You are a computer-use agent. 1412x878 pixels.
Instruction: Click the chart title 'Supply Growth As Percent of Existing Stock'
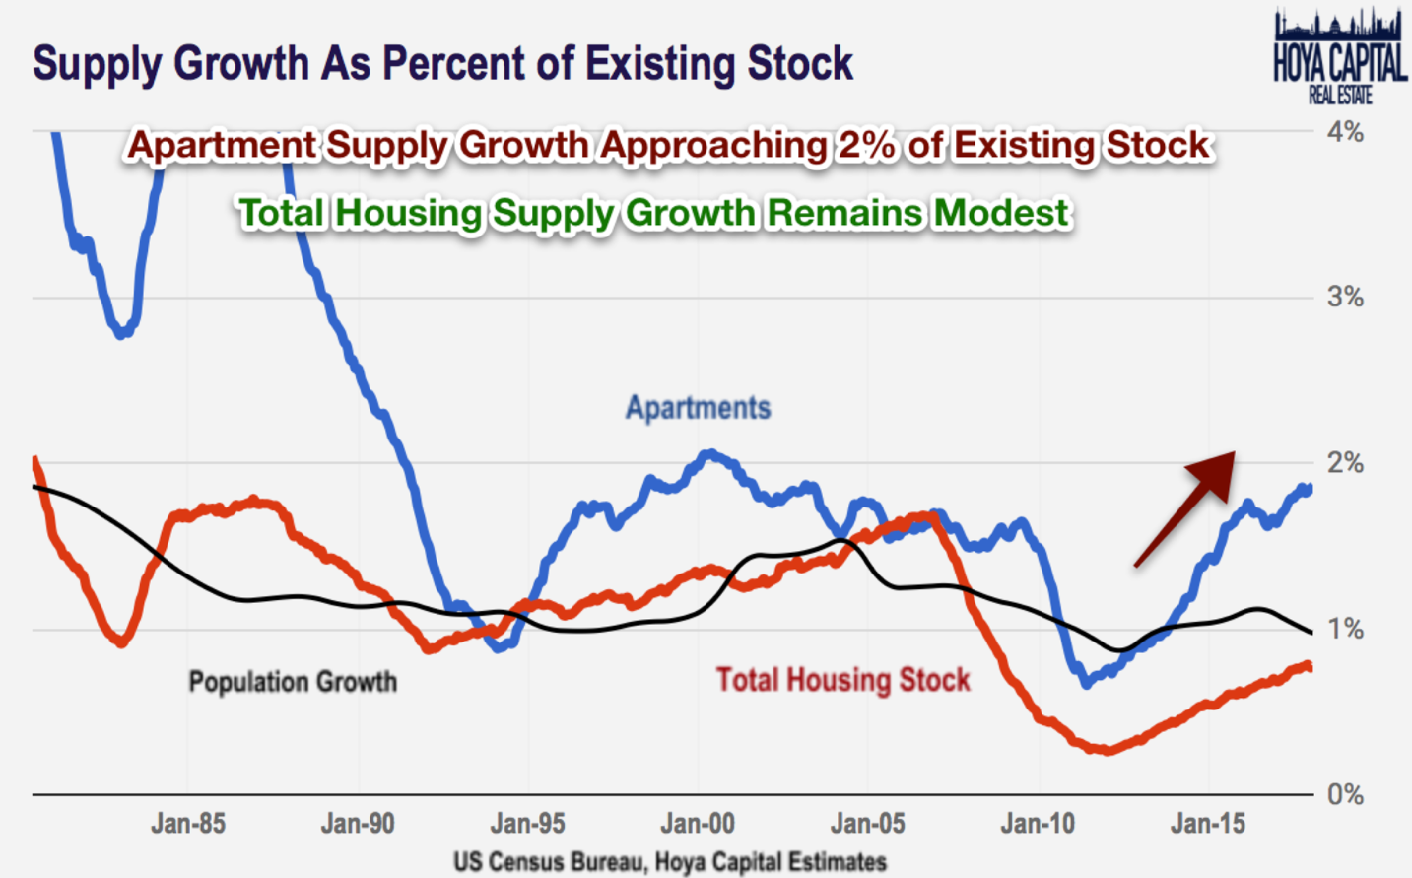pyautogui.click(x=442, y=64)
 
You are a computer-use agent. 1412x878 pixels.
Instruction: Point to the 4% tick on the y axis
pyautogui.click(x=1344, y=132)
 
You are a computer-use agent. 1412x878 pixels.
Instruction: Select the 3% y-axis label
pyautogui.click(x=1344, y=297)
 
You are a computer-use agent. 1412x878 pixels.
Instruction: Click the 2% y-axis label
pyautogui.click(x=1344, y=463)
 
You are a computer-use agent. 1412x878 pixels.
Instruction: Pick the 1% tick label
pyautogui.click(x=1344, y=629)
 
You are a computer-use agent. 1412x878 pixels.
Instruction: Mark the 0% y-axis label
pyautogui.click(x=1344, y=794)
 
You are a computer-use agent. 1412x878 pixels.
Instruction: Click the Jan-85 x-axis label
pyautogui.click(x=187, y=824)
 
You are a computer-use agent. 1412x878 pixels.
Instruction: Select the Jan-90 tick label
pyautogui.click(x=358, y=824)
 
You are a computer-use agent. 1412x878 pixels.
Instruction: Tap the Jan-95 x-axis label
pyautogui.click(x=528, y=824)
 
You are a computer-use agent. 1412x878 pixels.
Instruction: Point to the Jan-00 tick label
pyautogui.click(x=698, y=824)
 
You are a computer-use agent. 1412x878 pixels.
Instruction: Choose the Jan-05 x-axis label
pyautogui.click(x=868, y=824)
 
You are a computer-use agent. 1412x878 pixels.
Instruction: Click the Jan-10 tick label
pyautogui.click(x=1038, y=824)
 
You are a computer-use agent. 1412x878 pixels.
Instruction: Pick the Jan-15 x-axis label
pyautogui.click(x=1208, y=824)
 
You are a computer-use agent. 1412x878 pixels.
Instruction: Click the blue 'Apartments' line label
pyautogui.click(x=698, y=408)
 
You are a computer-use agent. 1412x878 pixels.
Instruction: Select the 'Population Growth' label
pyautogui.click(x=293, y=682)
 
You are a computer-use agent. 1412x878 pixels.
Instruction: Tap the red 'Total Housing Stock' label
pyautogui.click(x=842, y=680)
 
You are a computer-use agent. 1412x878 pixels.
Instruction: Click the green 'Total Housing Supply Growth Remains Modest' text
pyautogui.click(x=653, y=213)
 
